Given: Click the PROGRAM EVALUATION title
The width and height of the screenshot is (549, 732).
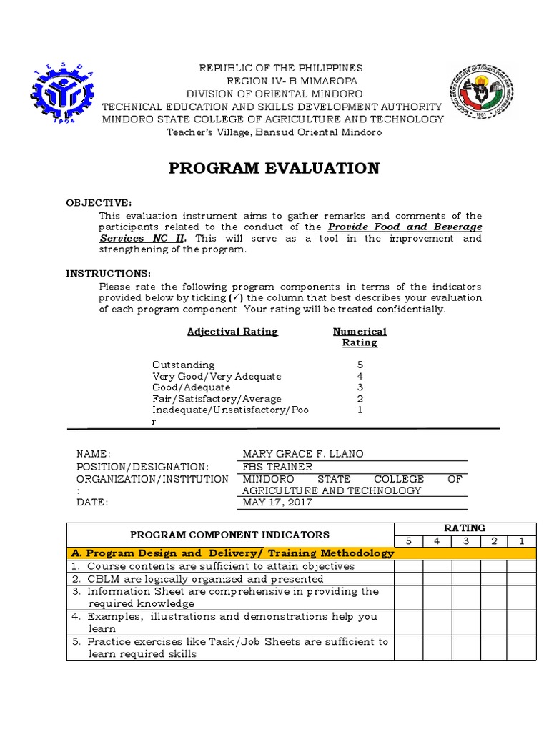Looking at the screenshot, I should coord(274,169).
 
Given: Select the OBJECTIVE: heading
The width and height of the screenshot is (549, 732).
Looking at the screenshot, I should coord(99,203).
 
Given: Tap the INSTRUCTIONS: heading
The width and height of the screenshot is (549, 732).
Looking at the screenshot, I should coord(108,273).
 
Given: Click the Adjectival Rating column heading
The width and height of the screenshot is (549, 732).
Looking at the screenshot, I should coord(232,332).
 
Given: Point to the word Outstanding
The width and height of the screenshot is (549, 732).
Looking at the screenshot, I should coord(183,365).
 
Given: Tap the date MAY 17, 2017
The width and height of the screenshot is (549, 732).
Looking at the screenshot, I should coord(277,503).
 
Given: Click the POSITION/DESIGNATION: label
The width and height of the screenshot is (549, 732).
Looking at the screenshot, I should coord(142,466).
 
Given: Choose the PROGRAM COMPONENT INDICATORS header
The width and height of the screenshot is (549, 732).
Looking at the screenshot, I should coord(229,534).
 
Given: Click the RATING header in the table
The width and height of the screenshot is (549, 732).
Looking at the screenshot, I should coord(465,528).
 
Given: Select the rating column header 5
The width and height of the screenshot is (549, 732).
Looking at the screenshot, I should coord(408,540).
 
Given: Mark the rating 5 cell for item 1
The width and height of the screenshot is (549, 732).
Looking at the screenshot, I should coord(408,566).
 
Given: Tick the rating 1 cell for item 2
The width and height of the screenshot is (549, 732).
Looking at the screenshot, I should coord(522,579).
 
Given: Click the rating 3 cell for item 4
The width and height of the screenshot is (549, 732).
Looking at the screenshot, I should coord(465,622).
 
